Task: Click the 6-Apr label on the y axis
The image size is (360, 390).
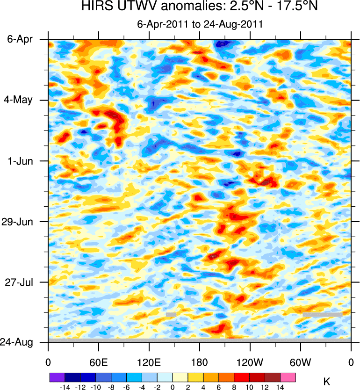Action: (20, 40)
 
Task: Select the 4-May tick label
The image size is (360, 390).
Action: (20, 101)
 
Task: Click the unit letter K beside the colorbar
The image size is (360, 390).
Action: (326, 382)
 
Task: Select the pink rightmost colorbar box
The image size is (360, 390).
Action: (288, 376)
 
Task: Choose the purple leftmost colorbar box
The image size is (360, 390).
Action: (57, 376)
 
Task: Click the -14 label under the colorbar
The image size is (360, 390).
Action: (64, 387)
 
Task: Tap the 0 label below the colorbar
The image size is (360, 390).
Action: (173, 387)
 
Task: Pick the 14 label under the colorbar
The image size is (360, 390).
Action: (280, 387)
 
